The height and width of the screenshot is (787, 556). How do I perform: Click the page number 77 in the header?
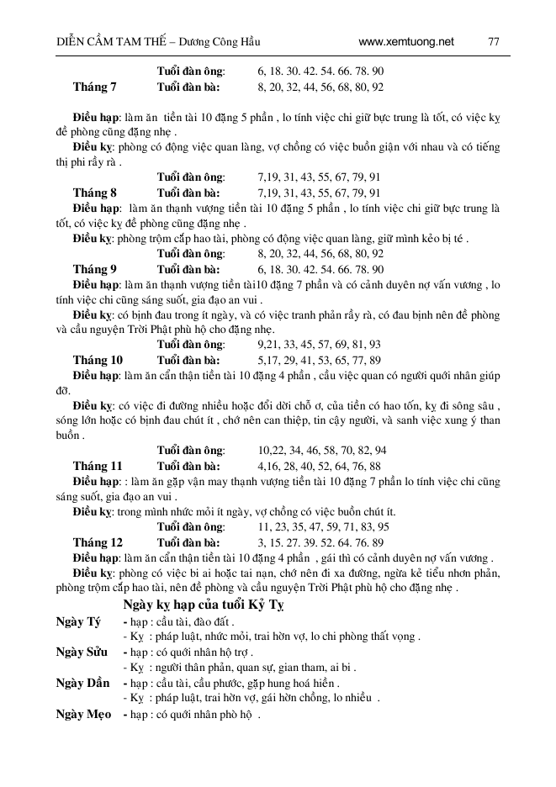pos(493,40)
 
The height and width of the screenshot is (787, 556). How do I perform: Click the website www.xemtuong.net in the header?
pos(405,40)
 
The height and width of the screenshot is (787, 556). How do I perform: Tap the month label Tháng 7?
pos(95,87)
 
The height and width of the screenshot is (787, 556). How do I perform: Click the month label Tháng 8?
pos(95,193)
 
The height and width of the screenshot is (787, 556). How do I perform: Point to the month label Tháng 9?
pos(95,269)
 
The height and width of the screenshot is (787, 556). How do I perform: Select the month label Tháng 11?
pos(98,465)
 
